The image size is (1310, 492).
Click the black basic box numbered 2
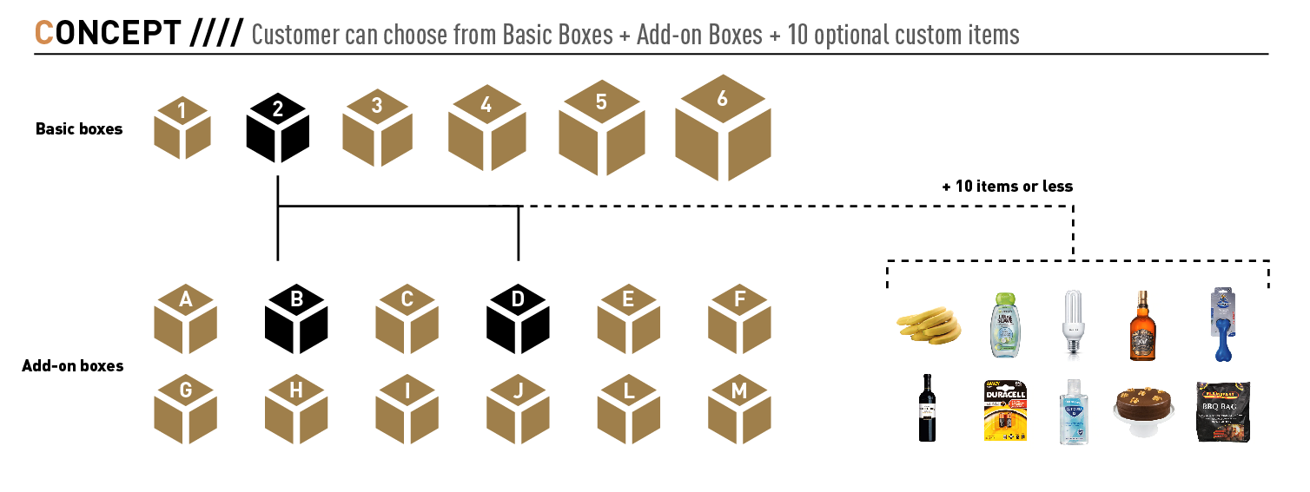click(x=278, y=128)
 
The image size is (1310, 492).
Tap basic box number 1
click(x=182, y=128)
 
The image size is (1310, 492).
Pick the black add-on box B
click(x=296, y=318)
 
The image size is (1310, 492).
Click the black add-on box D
click(x=519, y=318)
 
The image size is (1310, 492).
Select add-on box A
click(x=185, y=318)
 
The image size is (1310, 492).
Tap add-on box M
click(x=739, y=410)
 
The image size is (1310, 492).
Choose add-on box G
click(x=185, y=410)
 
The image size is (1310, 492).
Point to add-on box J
click(x=519, y=410)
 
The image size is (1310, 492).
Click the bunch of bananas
click(x=929, y=325)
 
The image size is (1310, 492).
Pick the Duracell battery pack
click(x=1004, y=410)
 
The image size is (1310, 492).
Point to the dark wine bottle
click(x=928, y=410)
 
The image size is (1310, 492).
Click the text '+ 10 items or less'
click(x=1007, y=187)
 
